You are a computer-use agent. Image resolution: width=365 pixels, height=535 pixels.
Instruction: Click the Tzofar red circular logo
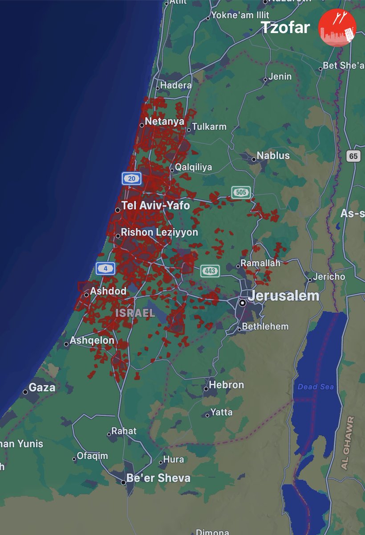pyautogui.click(x=337, y=28)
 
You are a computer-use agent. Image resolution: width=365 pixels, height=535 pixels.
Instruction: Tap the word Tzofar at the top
pyautogui.click(x=285, y=28)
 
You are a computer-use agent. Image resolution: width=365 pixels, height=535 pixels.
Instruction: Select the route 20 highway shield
pyautogui.click(x=132, y=179)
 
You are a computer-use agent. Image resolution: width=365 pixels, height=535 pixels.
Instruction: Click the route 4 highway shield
pyautogui.click(x=105, y=268)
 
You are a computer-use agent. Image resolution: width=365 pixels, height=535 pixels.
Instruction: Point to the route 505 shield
pyautogui.click(x=241, y=193)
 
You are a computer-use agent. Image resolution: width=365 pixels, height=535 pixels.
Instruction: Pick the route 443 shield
pyautogui.click(x=210, y=271)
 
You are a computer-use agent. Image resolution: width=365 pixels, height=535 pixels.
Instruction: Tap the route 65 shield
pyautogui.click(x=353, y=156)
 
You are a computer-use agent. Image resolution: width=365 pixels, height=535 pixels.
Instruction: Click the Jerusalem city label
pyautogui.click(x=284, y=296)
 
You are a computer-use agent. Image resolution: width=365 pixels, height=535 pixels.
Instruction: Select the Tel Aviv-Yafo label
pyautogui.click(x=155, y=206)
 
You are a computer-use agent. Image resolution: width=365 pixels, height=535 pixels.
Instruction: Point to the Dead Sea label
pyautogui.click(x=316, y=387)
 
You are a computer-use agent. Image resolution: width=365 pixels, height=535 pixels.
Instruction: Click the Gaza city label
pyautogui.click(x=42, y=387)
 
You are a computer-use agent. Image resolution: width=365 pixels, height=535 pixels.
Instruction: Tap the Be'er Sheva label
pyautogui.click(x=158, y=478)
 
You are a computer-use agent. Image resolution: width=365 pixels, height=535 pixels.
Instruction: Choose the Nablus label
pyautogui.click(x=273, y=156)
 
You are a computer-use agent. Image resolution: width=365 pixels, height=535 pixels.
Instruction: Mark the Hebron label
pyautogui.click(x=227, y=385)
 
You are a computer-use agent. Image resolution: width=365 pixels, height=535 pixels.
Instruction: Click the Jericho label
pyautogui.click(x=329, y=277)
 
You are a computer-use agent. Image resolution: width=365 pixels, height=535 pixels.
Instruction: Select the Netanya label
pyautogui.click(x=165, y=121)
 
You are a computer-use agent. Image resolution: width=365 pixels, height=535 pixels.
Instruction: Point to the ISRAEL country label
pyautogui.click(x=135, y=313)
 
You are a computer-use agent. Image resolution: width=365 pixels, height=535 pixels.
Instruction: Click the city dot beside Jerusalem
pyautogui.click(x=242, y=303)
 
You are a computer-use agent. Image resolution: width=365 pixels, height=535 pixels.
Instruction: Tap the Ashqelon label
pyautogui.click(x=92, y=341)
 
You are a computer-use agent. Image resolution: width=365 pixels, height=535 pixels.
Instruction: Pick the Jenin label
pyautogui.click(x=280, y=77)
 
